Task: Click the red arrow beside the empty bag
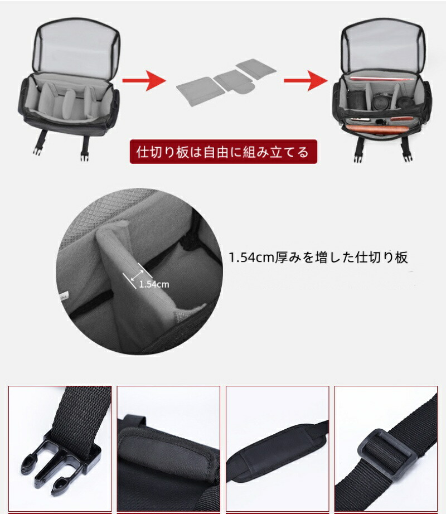pos(144,80)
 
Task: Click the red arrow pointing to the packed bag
pos(306,80)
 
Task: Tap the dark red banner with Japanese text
pos(224,152)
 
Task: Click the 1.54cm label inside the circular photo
pos(154,284)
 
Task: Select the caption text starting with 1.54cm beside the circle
pos(318,258)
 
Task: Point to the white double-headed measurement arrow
pos(137,276)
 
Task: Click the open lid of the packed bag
pos(384,45)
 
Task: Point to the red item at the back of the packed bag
pos(380,79)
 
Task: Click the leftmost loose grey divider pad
pos(201,91)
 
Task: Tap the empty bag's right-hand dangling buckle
pos(85,148)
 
